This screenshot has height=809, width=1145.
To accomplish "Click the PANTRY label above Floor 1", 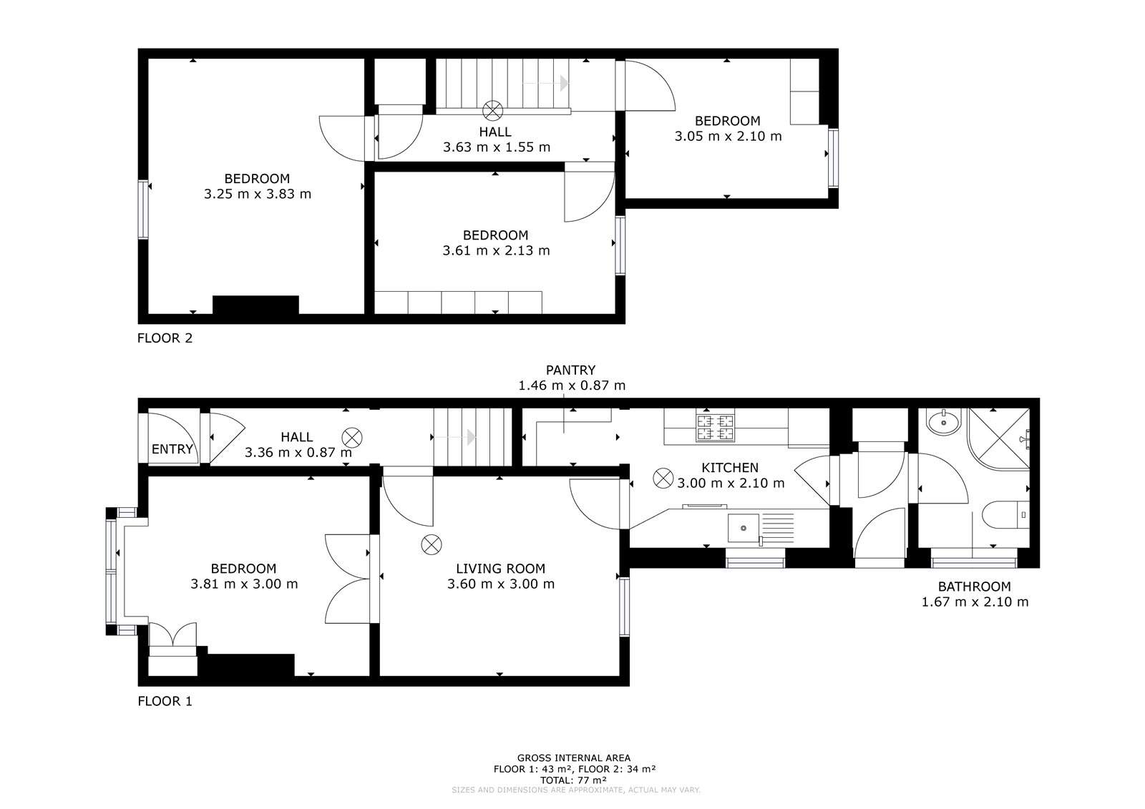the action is pos(570,370).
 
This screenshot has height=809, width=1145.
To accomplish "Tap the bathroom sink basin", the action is pos(943,423).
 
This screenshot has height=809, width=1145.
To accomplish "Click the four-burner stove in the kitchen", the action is pos(715,428).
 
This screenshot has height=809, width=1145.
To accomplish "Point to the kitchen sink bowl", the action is pos(744,528).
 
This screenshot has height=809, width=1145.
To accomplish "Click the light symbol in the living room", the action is pos(432,545).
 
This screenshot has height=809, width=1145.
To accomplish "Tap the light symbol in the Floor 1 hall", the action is pos(352,438).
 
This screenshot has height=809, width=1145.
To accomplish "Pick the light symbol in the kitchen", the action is pos(663,479).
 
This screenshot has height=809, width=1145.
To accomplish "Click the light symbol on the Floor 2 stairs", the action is pos(493,110).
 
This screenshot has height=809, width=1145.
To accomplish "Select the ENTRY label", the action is pos(172,449).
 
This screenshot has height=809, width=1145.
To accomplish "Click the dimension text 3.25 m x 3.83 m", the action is pos(258,194).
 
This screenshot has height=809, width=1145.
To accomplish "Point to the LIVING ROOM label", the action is pos(500,569).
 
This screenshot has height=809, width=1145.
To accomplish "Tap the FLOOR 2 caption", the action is pos(165,338).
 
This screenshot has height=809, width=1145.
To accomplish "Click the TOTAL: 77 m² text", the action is pos(573,780).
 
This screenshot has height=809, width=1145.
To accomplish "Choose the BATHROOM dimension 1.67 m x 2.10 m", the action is pos(975,602).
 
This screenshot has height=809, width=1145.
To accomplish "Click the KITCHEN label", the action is pos(730,468).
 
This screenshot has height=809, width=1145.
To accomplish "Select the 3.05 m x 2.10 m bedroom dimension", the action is pos(728,137).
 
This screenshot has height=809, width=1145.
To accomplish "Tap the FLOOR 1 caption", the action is pos(165,701).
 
